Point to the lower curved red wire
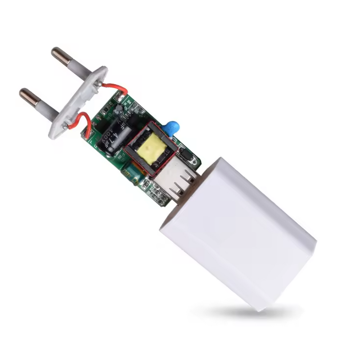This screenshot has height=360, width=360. point(80,121)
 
